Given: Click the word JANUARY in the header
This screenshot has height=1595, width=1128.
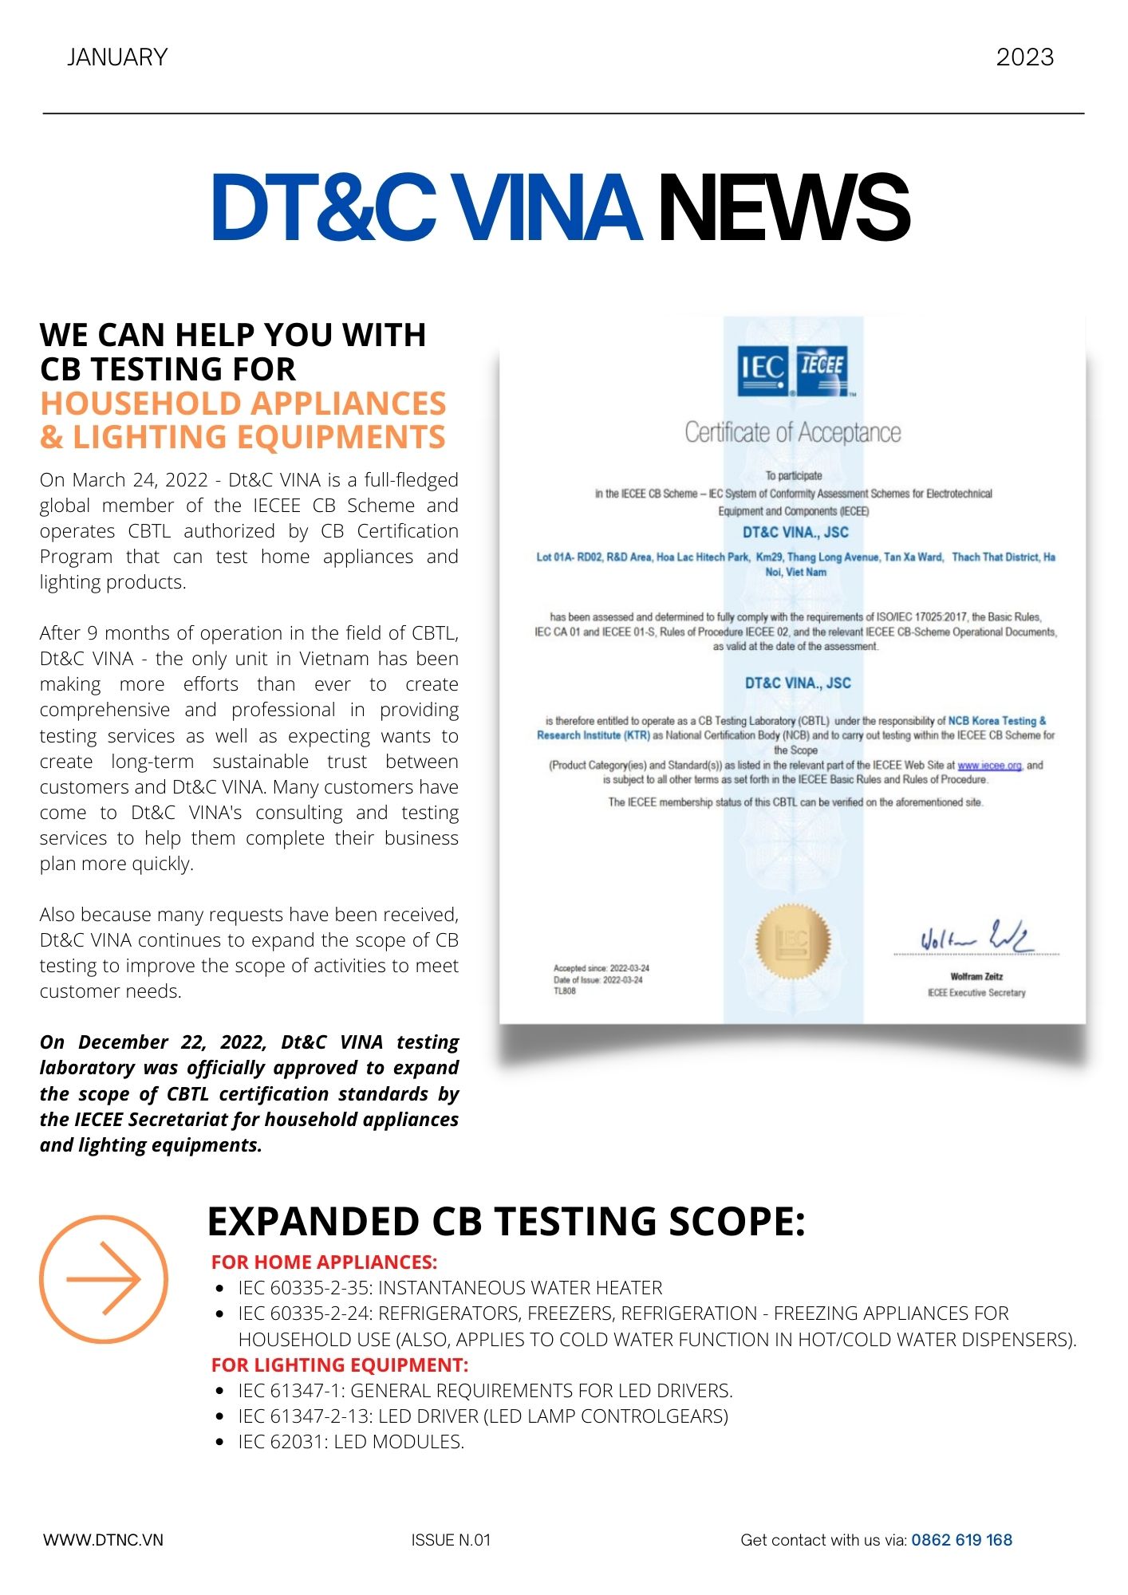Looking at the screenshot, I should [x=117, y=57].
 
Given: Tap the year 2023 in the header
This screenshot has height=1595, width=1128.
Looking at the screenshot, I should [x=1024, y=57].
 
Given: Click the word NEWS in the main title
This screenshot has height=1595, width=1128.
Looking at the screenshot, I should [x=783, y=209].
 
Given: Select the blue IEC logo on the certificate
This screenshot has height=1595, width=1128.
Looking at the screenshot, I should [x=763, y=370].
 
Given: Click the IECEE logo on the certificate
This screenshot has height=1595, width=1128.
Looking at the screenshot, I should [x=822, y=370].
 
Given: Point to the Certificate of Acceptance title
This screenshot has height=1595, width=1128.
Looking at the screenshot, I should [x=792, y=432].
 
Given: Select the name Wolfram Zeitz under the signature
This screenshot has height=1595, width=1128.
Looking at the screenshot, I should [x=976, y=976].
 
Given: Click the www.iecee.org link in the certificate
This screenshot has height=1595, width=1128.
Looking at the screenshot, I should [x=989, y=766].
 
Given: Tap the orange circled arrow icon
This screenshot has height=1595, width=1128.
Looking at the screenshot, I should [x=104, y=1279].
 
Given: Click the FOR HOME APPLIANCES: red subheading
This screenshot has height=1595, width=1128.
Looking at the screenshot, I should [x=324, y=1262].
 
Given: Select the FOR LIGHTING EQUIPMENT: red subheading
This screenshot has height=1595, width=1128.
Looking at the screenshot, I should [x=340, y=1365].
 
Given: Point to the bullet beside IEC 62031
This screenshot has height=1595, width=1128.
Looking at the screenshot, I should [x=219, y=1442].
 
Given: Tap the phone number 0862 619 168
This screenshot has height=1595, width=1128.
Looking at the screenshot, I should [x=961, y=1540].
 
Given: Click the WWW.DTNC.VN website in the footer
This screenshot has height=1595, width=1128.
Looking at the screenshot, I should [x=103, y=1540].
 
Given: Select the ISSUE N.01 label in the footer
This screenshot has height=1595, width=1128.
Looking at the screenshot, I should [x=451, y=1540].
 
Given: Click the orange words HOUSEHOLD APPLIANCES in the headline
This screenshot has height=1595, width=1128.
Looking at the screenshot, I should [x=243, y=404].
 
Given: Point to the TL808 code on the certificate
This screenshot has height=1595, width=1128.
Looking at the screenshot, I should [x=565, y=991].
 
